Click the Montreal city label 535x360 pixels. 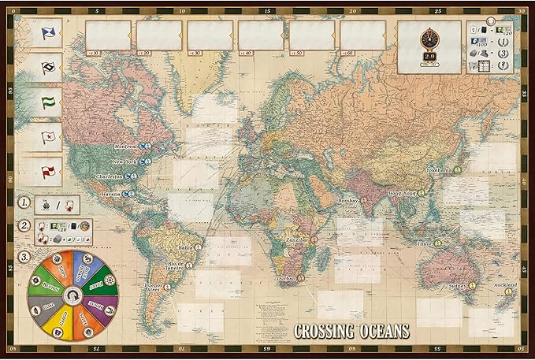[x=126, y=147]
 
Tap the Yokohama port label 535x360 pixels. [x=440, y=170]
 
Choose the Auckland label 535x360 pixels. [x=505, y=284]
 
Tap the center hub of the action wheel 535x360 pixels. [x=73, y=295]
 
